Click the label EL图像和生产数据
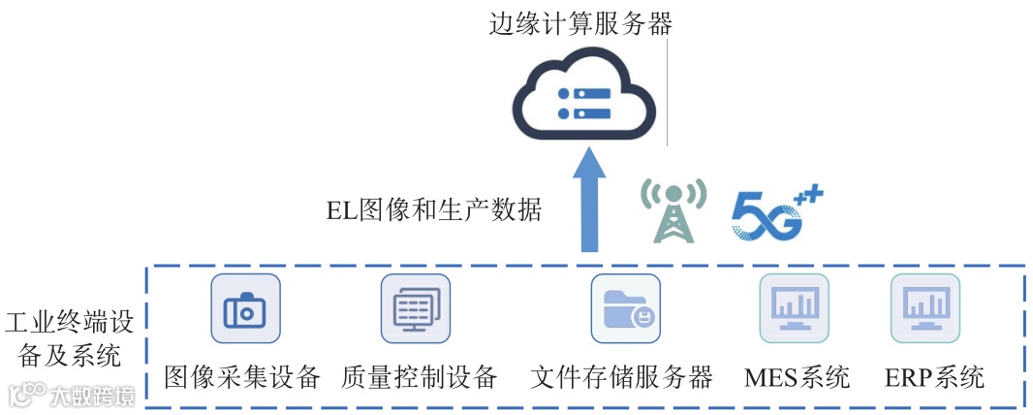click(433, 209)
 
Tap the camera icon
click(245, 308)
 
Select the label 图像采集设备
click(242, 376)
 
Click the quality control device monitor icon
click(416, 308)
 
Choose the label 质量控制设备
click(420, 376)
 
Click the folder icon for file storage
click(625, 308)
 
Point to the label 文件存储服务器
click(621, 376)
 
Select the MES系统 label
click(797, 376)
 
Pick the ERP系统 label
click(934, 376)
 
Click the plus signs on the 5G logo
click(810, 197)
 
